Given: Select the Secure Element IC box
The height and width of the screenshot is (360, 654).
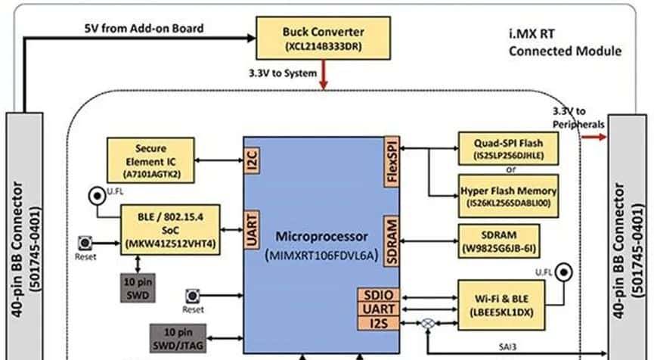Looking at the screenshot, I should pos(150,159).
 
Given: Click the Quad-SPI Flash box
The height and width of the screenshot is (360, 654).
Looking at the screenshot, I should pos(509,148).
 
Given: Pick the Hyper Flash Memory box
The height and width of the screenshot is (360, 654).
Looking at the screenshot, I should pos(509,197).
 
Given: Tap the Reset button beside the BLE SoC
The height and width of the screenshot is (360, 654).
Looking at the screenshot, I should pos(85,244).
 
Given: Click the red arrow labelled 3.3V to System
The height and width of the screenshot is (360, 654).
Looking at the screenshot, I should pos(324,74).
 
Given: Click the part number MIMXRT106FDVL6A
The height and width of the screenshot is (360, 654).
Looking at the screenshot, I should pos(321,256).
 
